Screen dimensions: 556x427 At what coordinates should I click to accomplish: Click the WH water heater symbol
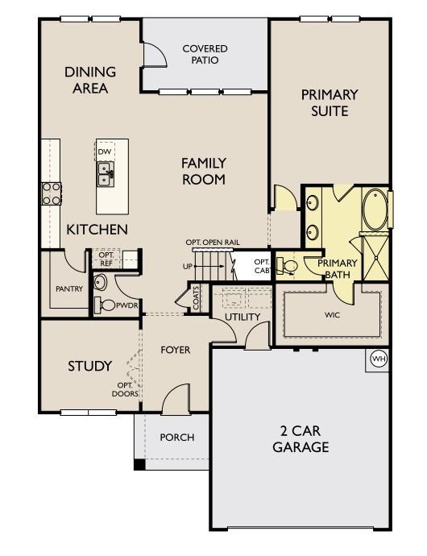click(x=377, y=359)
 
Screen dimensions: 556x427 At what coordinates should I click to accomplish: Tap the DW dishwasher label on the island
click(x=105, y=151)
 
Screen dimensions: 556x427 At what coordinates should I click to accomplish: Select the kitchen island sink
click(x=106, y=171)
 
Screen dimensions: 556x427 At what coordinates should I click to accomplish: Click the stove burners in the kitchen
click(x=52, y=193)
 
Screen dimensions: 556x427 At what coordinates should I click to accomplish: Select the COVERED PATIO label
click(x=205, y=54)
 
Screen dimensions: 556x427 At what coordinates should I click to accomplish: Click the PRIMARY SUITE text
click(x=329, y=102)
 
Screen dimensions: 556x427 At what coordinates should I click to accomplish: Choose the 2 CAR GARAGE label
click(x=301, y=439)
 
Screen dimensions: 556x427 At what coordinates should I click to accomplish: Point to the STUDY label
click(x=89, y=366)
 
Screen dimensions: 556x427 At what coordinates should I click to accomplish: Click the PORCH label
click(x=176, y=438)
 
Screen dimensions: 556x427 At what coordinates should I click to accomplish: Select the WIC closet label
click(x=332, y=314)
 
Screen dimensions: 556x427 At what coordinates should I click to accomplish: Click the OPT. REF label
click(x=106, y=258)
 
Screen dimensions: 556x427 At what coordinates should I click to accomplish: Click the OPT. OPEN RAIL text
click(x=213, y=243)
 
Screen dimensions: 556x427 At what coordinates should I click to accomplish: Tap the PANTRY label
click(x=69, y=288)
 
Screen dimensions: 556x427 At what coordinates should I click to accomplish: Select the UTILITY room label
click(x=242, y=317)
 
